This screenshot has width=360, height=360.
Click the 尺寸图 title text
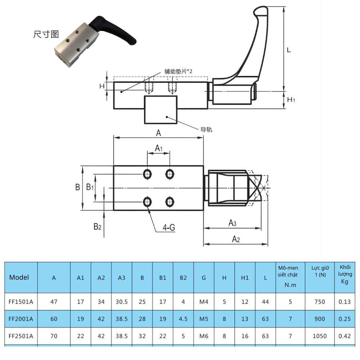[46, 35]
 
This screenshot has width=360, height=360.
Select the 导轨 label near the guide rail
[206, 130]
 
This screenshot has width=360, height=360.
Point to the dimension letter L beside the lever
[289, 50]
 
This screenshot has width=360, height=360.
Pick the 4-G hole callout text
[169, 228]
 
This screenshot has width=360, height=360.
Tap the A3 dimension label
[233, 223]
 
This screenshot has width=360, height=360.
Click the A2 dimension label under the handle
[235, 239]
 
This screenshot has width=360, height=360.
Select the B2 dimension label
[97, 226]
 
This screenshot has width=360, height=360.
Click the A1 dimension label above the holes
[159, 148]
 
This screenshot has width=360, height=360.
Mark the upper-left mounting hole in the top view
[147, 174]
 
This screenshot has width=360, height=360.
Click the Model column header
[19, 278]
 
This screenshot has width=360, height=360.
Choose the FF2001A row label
[21, 319]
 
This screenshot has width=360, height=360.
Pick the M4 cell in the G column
[204, 302]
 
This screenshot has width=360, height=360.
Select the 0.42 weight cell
[345, 336]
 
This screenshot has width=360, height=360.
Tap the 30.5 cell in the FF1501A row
[122, 302]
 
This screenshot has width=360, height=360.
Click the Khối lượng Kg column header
[345, 274]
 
